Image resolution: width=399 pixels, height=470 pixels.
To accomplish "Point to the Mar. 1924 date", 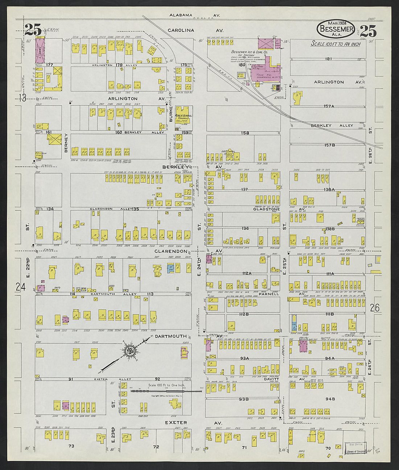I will [336, 23].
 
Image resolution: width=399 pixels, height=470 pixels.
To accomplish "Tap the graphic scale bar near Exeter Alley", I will [166, 391].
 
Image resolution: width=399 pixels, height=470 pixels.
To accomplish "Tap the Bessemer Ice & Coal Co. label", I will [250, 52].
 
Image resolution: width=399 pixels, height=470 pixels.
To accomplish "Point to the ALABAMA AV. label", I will [195, 15].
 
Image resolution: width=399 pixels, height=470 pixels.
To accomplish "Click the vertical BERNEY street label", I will [66, 143].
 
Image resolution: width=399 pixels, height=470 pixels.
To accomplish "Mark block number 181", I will [329, 59].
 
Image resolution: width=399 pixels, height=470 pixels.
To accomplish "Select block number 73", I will [71, 446].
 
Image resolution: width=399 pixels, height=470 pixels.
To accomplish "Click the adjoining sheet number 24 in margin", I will [21, 287].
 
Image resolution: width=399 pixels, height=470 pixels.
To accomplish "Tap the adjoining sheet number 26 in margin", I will [375, 308].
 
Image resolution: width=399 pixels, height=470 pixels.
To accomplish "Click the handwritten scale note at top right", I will [336, 44].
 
